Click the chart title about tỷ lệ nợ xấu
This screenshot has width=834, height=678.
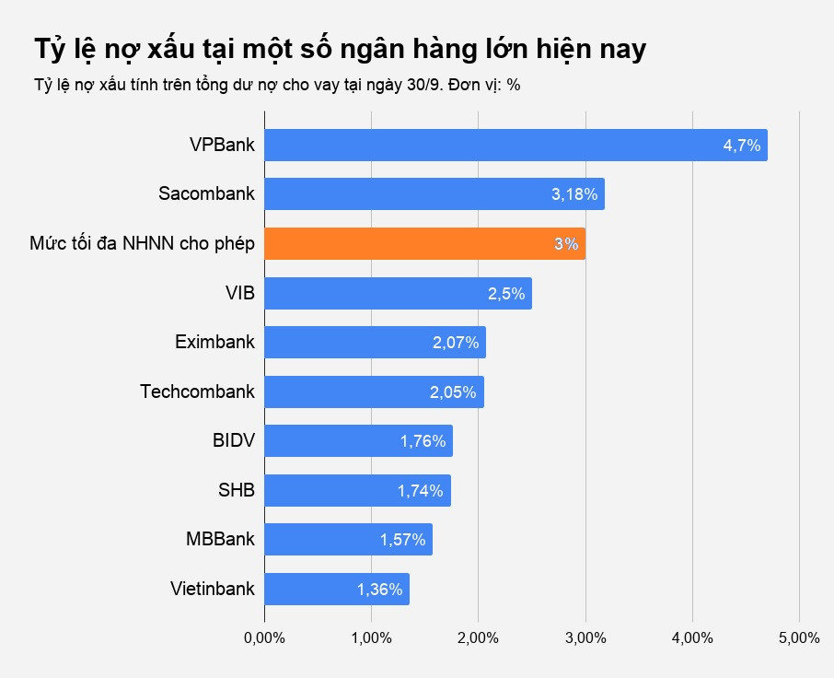coord(340,50)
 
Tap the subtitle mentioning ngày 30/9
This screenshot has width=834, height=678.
coord(277,85)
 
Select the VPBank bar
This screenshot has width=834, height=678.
coord(515,146)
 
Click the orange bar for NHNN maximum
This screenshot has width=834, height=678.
coord(424,244)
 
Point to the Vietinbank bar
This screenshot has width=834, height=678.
coord(337,590)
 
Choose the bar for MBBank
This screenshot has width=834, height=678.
coord(348,540)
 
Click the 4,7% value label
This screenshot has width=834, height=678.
coord(741,146)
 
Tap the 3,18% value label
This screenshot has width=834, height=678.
coord(574,194)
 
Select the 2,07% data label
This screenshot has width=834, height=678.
coord(456,343)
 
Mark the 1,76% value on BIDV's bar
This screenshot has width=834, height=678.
coord(423,441)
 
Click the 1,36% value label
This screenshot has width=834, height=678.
coord(380,590)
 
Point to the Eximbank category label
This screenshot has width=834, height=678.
coord(214,343)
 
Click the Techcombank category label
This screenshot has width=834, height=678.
coord(197,392)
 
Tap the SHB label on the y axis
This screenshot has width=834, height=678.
coord(236,490)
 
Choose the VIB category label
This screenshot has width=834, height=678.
coord(239,293)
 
